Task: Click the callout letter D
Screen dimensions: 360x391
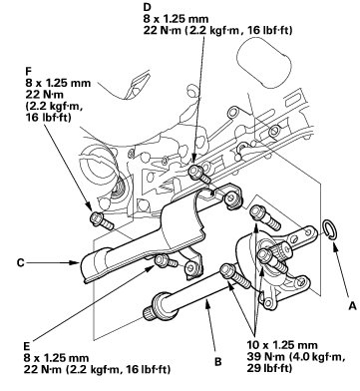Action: tap(147, 7)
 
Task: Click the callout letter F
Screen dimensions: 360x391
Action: tap(28, 71)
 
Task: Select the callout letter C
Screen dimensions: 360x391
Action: tap(21, 263)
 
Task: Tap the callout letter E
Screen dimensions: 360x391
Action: tap(27, 346)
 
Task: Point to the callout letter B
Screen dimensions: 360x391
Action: tap(218, 361)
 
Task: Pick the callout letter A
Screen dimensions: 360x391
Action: tap(352, 306)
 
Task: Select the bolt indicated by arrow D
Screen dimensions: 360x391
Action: tap(199, 175)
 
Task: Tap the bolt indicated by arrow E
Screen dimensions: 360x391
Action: tap(167, 260)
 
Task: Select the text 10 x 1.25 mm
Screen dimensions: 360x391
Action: tap(282, 345)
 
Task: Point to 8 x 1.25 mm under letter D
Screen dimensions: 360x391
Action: tap(177, 19)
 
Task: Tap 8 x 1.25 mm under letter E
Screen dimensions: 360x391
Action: tap(57, 358)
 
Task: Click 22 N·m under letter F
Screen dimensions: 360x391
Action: tap(44, 95)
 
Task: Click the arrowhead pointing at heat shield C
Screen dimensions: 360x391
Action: tap(76, 263)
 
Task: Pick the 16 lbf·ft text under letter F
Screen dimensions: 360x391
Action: tap(48, 118)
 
